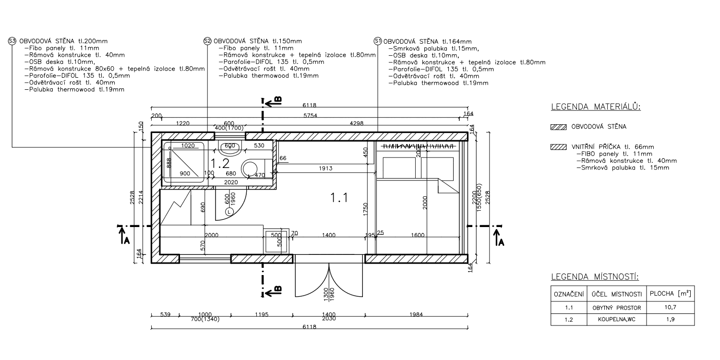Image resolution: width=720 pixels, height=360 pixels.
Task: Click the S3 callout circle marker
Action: pyautogui.click(x=12, y=41)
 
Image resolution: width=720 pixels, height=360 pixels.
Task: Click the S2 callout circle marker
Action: pyautogui.click(x=208, y=41)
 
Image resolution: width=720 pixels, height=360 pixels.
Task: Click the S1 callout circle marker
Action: pyautogui.click(x=378, y=41)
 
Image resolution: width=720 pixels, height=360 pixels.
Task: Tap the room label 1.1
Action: pyautogui.click(x=339, y=197)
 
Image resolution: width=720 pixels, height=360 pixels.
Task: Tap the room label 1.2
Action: pyautogui.click(x=220, y=164)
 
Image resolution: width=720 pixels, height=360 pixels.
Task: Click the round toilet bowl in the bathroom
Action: pyautogui.click(x=250, y=169)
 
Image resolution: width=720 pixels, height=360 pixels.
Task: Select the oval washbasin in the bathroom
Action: pyautogui.click(x=229, y=148)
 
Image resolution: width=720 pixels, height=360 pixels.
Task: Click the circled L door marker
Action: pyautogui.click(x=229, y=212)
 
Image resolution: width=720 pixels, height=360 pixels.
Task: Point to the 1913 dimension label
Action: pyautogui.click(x=325, y=168)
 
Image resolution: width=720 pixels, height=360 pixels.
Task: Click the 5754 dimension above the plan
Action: pyautogui.click(x=310, y=115)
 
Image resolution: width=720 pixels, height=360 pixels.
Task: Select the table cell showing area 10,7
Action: pyautogui.click(x=671, y=307)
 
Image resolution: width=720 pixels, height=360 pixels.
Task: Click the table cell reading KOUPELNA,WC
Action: pyautogui.click(x=617, y=320)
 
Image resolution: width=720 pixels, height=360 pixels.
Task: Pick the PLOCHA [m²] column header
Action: pyautogui.click(x=671, y=293)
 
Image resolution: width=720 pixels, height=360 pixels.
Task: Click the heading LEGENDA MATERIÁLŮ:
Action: pyautogui.click(x=596, y=107)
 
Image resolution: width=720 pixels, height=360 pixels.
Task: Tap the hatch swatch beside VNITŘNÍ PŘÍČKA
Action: pyautogui.click(x=559, y=147)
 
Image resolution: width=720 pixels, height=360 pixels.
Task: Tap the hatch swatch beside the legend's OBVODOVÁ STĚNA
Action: pyautogui.click(x=559, y=127)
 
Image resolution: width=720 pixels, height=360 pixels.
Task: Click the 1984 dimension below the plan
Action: pyautogui.click(x=416, y=314)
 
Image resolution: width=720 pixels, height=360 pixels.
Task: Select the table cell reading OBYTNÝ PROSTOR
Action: pyautogui.click(x=617, y=308)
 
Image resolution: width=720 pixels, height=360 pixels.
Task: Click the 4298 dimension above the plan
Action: pyautogui.click(x=357, y=123)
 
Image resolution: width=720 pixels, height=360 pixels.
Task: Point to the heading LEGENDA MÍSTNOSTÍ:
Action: pyautogui.click(x=595, y=277)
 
